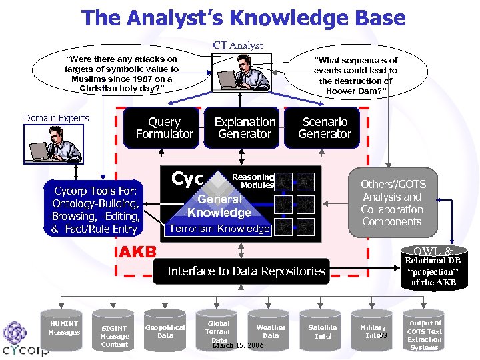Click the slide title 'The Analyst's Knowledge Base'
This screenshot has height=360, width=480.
click(243, 18)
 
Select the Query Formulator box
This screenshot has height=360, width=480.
click(164, 128)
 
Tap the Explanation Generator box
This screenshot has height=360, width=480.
click(245, 128)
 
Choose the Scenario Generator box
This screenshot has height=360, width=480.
click(325, 128)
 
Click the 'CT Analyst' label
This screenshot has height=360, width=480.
click(238, 45)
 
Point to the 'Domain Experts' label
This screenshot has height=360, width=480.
click(56, 119)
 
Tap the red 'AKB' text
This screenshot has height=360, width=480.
click(137, 252)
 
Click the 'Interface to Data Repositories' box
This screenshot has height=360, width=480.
click(245, 271)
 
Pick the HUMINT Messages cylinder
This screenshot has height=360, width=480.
click(64, 328)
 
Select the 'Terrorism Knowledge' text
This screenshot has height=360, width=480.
click(219, 229)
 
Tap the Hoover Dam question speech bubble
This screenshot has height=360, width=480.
click(355, 75)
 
